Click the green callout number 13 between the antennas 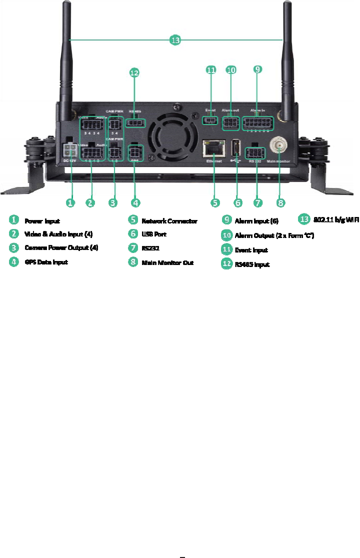coord(174,40)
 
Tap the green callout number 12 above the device coord(134,73)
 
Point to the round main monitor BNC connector coord(278,146)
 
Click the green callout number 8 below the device coord(280,202)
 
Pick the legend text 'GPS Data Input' coord(46,262)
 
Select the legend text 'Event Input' coord(251,249)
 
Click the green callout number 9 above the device coord(257,69)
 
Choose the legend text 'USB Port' coord(154,234)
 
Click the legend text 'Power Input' coord(42,220)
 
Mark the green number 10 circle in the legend coord(226,235)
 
